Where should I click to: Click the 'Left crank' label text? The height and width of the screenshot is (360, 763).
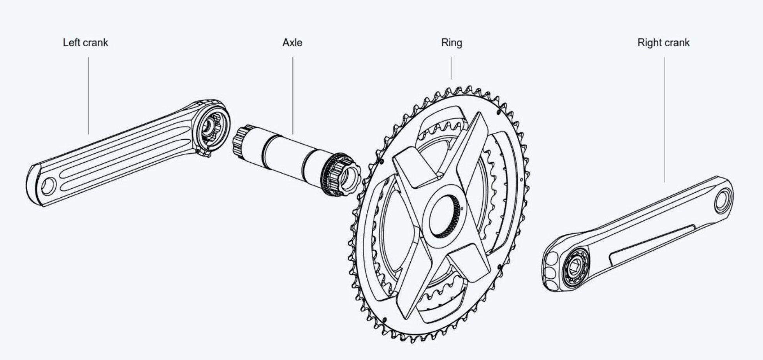point(85,42)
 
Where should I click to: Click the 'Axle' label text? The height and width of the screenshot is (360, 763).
point(292,42)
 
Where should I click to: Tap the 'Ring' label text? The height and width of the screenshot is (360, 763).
point(451,42)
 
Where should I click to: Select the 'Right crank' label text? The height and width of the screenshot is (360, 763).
point(663,42)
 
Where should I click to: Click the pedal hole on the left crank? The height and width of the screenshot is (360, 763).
point(48,186)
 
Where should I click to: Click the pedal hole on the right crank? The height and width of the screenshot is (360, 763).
point(723,201)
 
